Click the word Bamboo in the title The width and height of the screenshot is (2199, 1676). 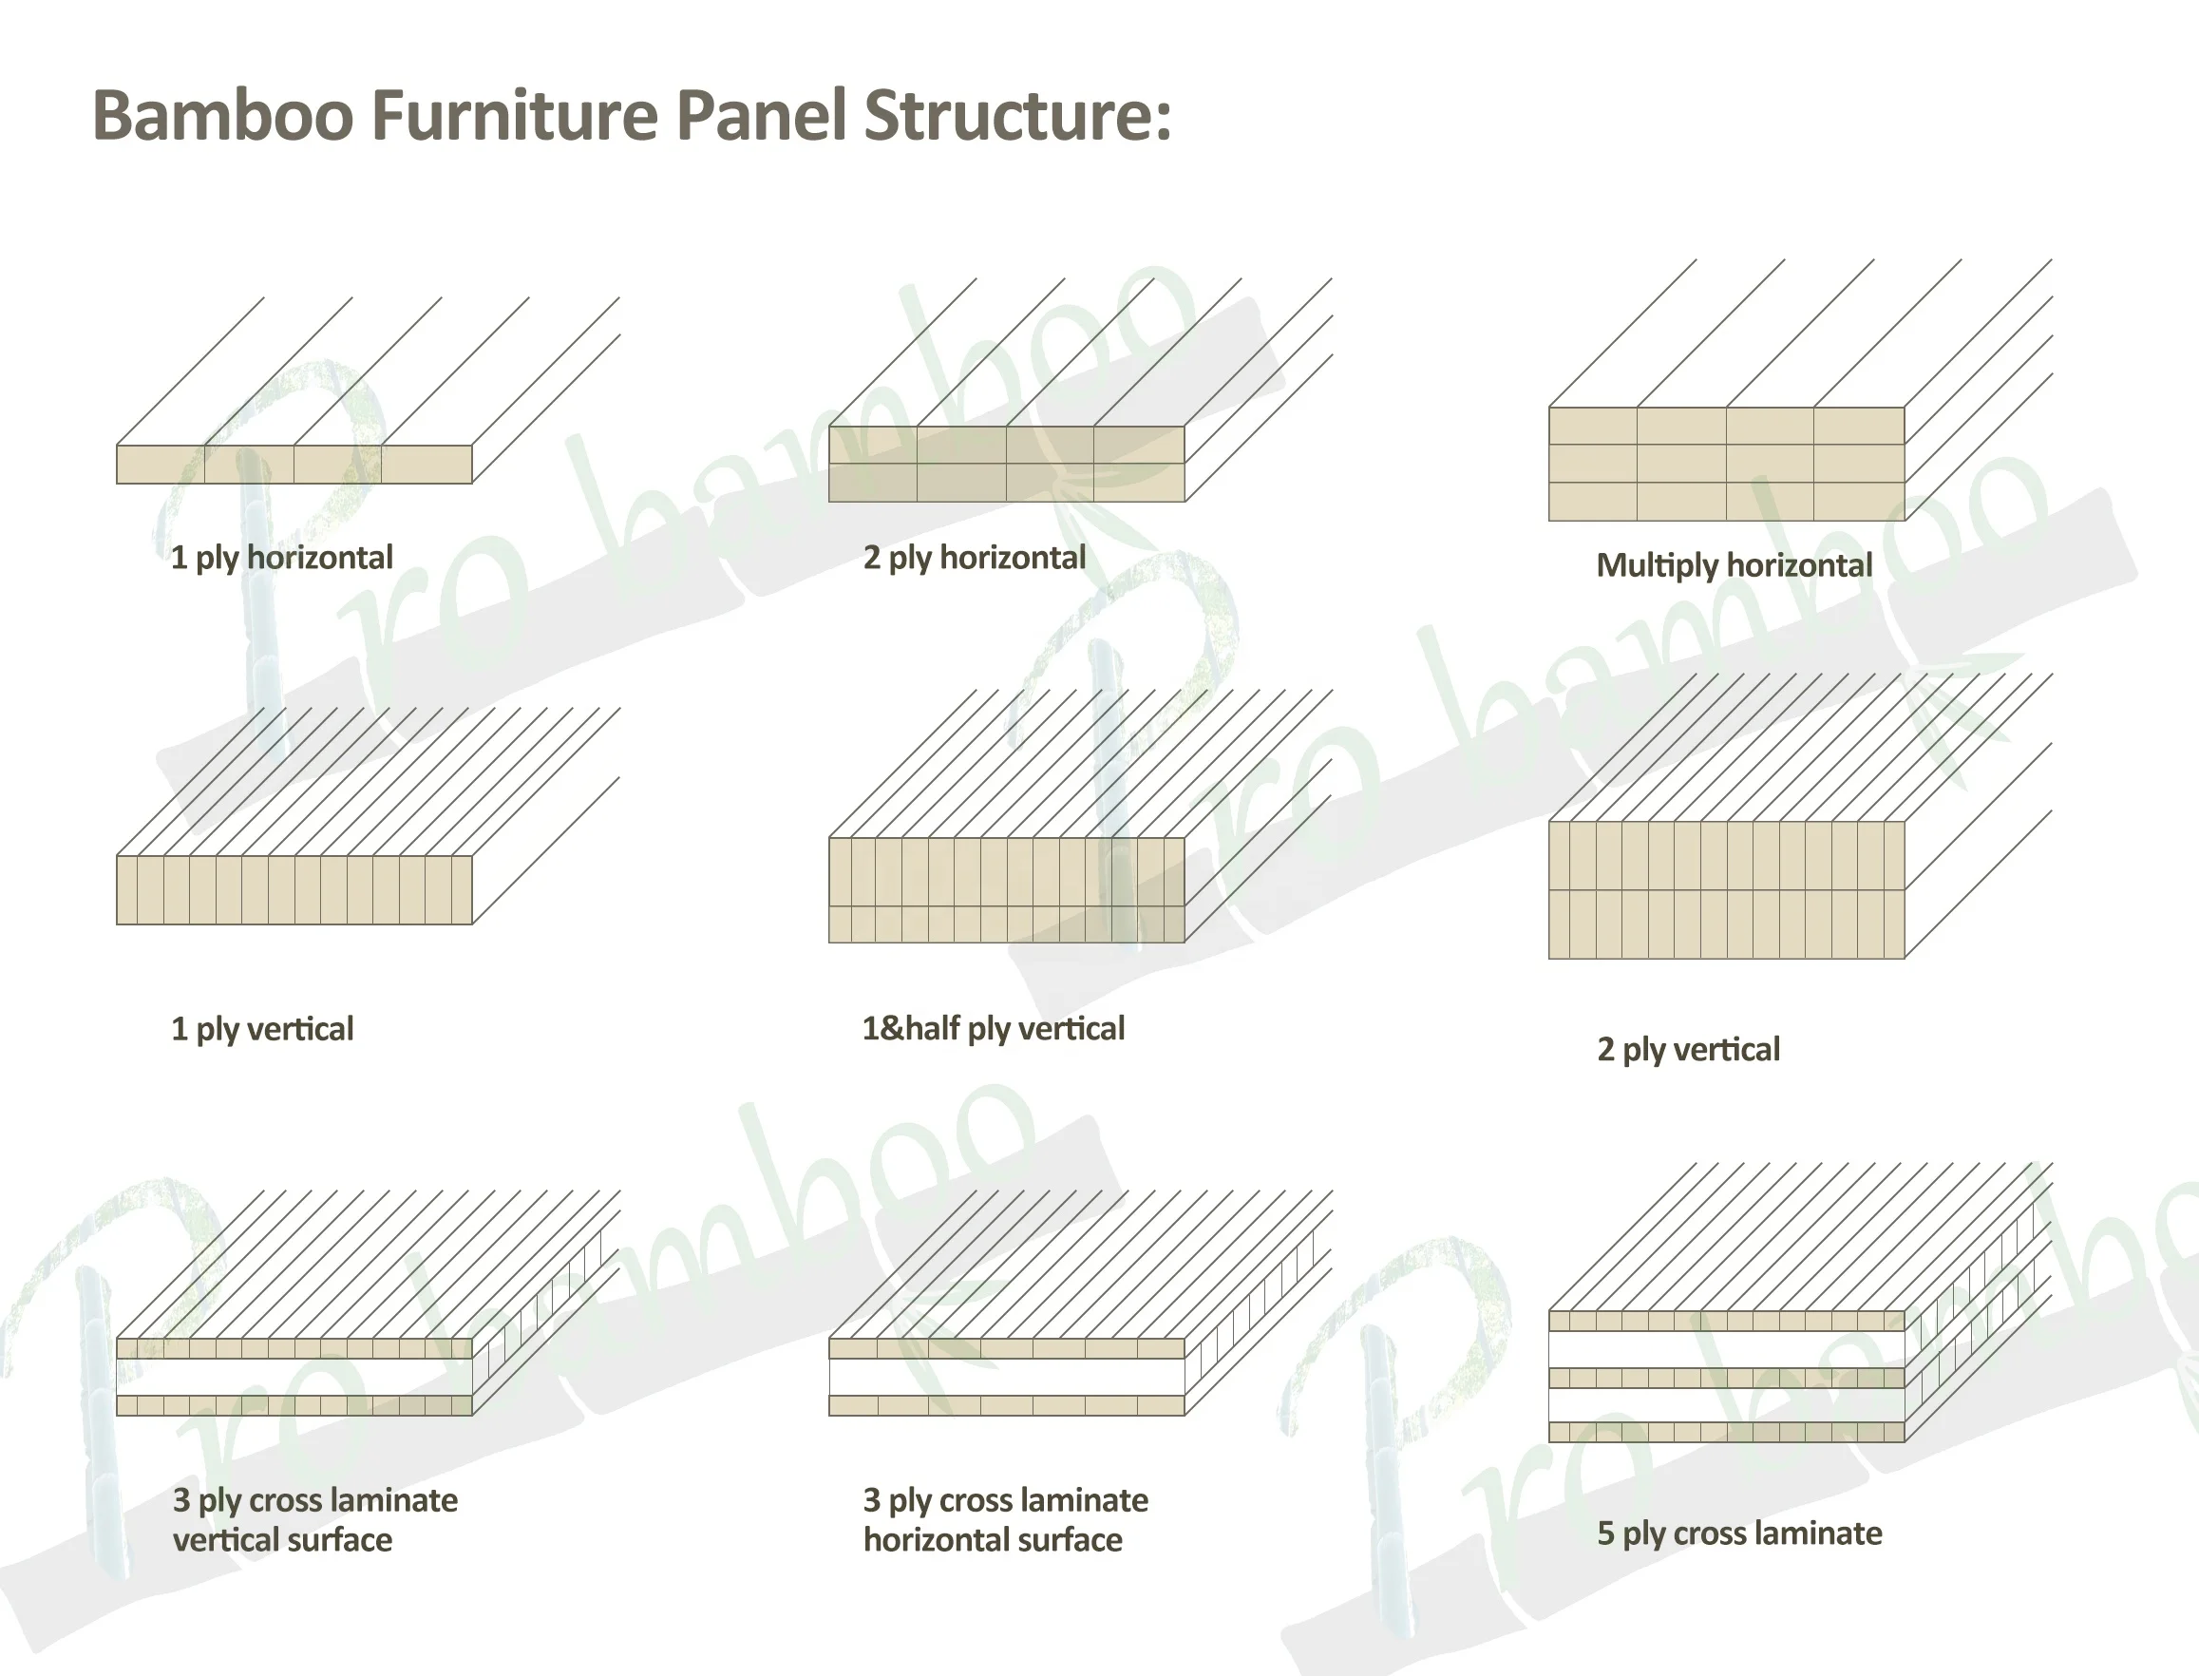pos(222,116)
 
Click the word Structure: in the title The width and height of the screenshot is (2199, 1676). pos(1017,116)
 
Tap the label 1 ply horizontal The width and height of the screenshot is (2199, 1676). pos(281,558)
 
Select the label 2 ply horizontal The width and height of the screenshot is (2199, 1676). pos(974,558)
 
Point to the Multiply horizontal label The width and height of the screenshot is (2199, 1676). pos(1734,565)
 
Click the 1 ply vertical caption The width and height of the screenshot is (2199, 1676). pos(261,1029)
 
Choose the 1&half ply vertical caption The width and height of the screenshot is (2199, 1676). pos(993,1029)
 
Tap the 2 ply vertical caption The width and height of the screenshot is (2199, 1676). pos(1687,1050)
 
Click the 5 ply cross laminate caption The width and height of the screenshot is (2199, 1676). pos(1738,1533)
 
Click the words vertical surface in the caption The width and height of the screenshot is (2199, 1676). pos(282,1540)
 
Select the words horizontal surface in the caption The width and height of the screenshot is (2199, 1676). pos(993,1540)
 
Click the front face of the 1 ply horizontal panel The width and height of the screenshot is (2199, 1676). pos(294,465)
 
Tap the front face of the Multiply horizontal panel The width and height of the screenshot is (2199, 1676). pos(1726,464)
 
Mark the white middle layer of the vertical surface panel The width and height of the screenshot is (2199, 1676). pos(294,1378)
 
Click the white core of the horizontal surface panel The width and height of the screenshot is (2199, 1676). pos(1006,1378)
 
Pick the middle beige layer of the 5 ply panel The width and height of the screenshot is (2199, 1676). pos(1726,1379)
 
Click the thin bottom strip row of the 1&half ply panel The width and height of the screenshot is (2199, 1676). pos(1006,924)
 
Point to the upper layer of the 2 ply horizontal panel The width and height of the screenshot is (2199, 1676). pos(1006,445)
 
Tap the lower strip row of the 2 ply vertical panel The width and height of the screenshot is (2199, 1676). pos(1726,924)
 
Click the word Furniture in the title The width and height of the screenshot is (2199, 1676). pos(514,116)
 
